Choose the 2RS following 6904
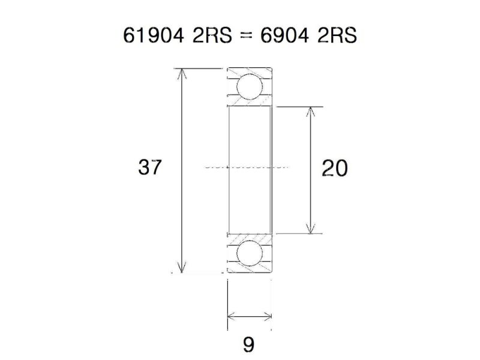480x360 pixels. tap(337, 36)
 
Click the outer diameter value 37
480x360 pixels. tap(150, 167)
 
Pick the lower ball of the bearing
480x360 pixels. tap(249, 254)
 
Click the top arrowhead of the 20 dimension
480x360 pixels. tap(310, 112)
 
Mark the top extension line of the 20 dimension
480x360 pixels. tap(300, 107)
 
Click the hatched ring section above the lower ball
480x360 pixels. tap(249, 238)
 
